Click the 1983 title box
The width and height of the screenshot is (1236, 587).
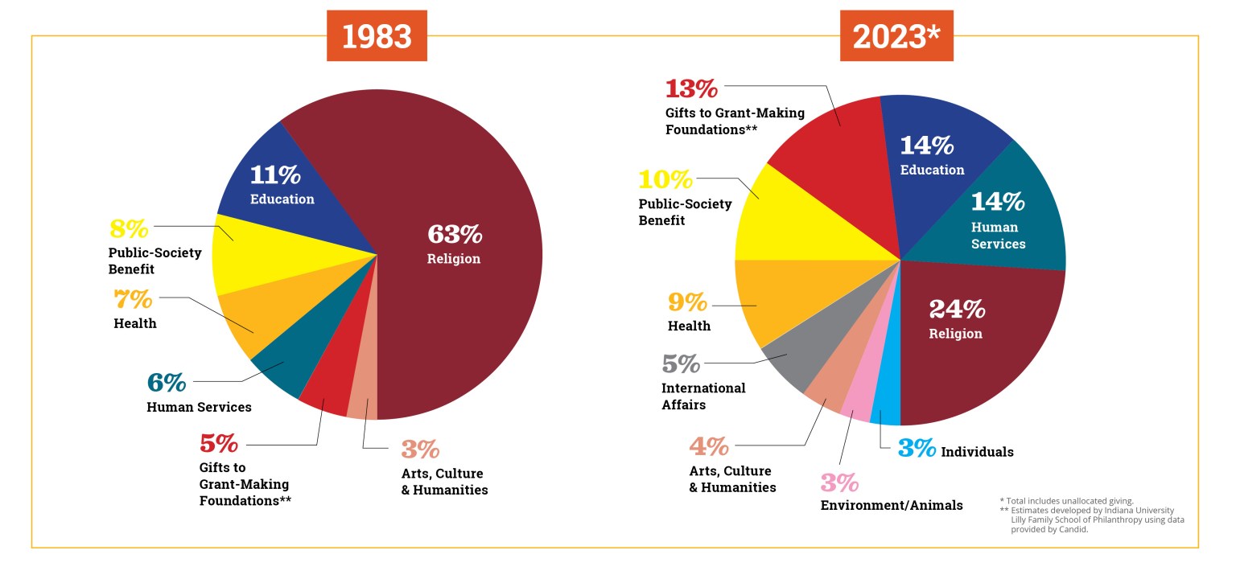(x=376, y=37)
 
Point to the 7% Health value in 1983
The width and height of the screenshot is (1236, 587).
(x=133, y=300)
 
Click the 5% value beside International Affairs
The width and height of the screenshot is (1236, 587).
(x=681, y=364)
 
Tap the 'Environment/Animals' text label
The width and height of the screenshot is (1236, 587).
(x=891, y=506)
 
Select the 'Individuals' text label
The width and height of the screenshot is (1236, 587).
(x=977, y=452)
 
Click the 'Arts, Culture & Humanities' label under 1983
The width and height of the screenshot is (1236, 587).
(x=443, y=482)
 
